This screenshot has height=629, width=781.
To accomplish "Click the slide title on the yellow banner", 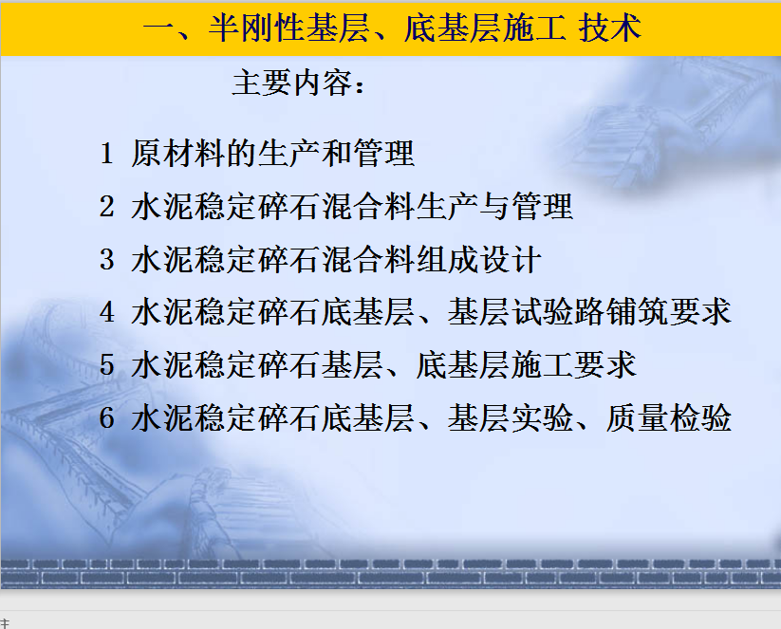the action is click(392, 28).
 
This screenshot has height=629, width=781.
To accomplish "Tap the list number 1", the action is click(106, 153).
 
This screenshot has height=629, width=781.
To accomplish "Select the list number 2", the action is click(106, 206).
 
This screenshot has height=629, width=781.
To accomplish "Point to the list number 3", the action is click(106, 259).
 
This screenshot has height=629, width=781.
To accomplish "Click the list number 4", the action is click(106, 312).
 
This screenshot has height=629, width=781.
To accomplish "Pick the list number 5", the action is click(106, 365).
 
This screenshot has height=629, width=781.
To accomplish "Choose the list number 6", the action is click(106, 417).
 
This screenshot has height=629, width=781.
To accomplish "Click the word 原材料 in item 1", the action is click(177, 153).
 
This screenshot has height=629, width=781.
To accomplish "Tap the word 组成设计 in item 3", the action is click(478, 259).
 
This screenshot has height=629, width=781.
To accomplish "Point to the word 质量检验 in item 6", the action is click(668, 417).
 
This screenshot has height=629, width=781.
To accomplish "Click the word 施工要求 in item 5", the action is click(574, 365).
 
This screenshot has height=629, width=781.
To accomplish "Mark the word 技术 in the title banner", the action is click(609, 28).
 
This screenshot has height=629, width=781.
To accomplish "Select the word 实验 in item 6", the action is click(542, 417).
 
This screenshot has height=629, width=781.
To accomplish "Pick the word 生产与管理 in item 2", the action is click(494, 206).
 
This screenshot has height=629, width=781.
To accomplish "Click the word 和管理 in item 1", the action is click(368, 153).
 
